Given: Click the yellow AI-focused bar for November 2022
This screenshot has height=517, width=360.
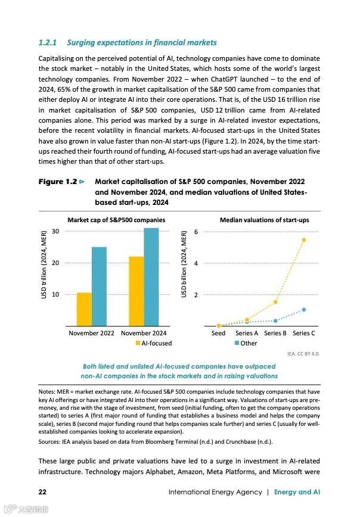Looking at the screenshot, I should coord(84,309).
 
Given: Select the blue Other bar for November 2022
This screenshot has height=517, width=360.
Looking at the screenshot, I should coord(99,286).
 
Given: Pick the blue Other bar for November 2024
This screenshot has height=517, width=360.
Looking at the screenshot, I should coord(151,277).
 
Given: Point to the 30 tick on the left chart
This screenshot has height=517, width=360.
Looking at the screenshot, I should coord(55,231).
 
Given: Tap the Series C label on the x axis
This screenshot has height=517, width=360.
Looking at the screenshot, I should coord(304,333).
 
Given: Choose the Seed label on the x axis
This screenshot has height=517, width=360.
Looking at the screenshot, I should coord(218,333).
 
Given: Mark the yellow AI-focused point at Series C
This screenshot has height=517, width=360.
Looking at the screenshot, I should coord(304,239).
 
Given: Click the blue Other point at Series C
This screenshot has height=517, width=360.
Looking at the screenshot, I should coord(304,309).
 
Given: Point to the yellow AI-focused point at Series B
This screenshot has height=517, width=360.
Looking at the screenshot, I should coord(275,302).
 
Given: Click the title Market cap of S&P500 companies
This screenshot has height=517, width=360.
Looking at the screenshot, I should coord(116,220).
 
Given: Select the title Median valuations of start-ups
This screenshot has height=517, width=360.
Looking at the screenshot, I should coord(264,220).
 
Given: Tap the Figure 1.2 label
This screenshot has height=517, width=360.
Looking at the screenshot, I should coord(57,182).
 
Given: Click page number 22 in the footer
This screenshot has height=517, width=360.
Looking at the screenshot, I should coord(43,492).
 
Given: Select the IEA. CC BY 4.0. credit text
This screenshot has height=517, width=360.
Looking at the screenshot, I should coord(303,353).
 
